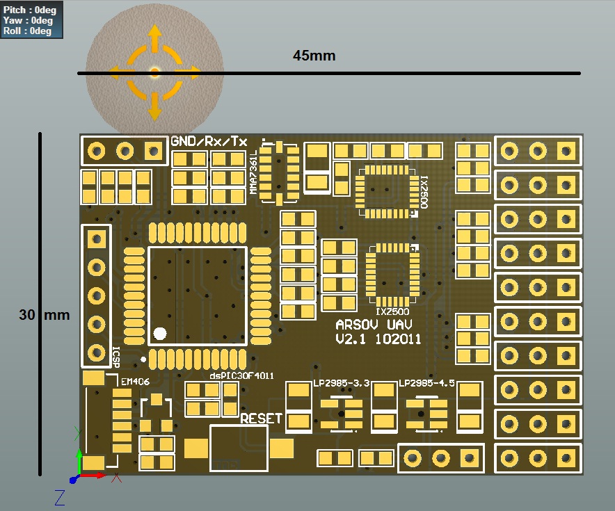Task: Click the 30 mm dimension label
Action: [x=45, y=315]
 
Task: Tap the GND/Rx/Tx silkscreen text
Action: [x=209, y=142]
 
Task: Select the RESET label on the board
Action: [x=261, y=419]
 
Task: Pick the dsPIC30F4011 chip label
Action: [x=241, y=375]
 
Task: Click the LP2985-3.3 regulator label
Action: [x=341, y=383]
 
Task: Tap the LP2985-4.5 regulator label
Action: [x=426, y=383]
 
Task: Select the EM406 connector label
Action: [x=135, y=382]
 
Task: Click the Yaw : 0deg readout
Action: [x=28, y=21]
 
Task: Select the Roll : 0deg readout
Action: [x=28, y=31]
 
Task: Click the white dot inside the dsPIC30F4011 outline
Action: [x=160, y=334]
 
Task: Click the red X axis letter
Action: [x=118, y=478]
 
